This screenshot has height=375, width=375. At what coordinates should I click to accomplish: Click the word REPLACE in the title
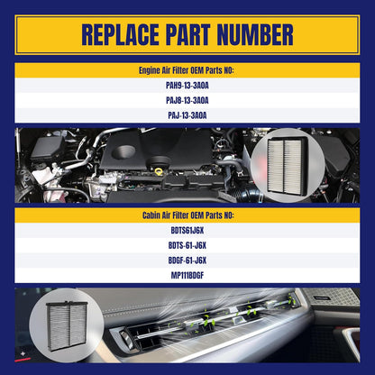pos(120,35)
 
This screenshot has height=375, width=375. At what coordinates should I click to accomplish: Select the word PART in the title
pos(187,35)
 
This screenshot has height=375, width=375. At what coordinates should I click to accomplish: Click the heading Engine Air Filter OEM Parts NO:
pos(187,70)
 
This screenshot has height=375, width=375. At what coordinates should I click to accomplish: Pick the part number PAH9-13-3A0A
pos(187,86)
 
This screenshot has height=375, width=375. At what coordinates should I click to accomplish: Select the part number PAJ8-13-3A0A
pos(187,100)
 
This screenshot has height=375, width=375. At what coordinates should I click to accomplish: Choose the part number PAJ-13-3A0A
pos(187,115)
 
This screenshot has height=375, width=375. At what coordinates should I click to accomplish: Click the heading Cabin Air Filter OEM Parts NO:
pos(188,215)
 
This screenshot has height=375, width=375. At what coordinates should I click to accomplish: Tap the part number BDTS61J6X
pos(187,231)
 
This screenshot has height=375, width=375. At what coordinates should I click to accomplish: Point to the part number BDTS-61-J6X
pos(187,245)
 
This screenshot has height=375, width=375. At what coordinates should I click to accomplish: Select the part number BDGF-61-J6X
pos(187,261)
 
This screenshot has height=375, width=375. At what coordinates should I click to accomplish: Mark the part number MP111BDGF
pos(187,275)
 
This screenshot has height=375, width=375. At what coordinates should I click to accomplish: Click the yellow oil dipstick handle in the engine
pos(159,171)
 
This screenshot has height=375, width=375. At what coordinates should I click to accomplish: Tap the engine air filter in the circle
pos(287,165)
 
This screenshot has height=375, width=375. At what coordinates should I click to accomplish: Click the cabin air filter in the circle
pos(67,325)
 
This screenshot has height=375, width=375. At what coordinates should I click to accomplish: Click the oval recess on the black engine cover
pos(123,152)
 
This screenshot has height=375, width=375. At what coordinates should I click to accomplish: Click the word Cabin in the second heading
pos(151,215)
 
